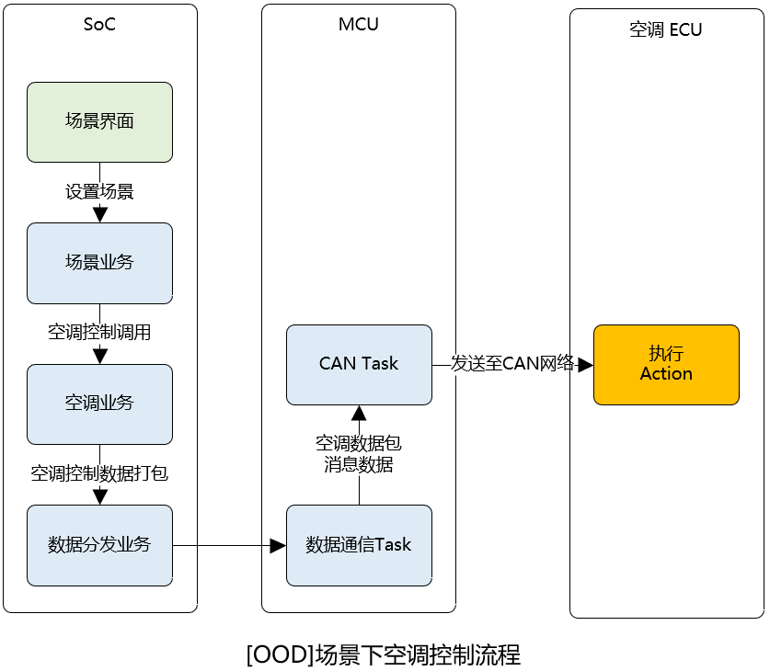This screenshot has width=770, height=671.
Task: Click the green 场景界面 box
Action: point(99,122)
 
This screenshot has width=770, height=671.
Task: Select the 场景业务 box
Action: point(99,263)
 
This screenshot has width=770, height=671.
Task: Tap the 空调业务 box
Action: point(99,404)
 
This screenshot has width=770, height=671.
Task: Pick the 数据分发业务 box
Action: point(99,545)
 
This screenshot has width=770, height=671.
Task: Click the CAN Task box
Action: point(359,364)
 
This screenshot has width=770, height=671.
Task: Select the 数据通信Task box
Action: point(359,545)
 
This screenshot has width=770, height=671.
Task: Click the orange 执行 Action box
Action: point(666,364)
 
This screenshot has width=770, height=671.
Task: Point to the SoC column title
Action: point(99,25)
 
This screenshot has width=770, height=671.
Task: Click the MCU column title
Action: point(359,25)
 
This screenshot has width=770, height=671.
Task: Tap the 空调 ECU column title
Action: point(665,29)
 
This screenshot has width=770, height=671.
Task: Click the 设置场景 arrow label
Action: point(99,192)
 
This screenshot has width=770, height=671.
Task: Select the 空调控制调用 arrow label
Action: point(99,333)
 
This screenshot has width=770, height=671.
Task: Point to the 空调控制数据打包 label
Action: point(99,474)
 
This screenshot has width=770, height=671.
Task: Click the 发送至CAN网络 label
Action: point(512,364)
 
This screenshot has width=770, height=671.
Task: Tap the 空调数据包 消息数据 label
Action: point(359,454)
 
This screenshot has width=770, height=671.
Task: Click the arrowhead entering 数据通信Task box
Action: point(278,546)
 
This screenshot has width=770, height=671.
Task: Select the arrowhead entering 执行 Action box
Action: point(585,365)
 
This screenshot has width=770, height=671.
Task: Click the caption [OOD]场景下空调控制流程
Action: point(384,655)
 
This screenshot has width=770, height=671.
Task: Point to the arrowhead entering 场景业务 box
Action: point(100,215)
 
